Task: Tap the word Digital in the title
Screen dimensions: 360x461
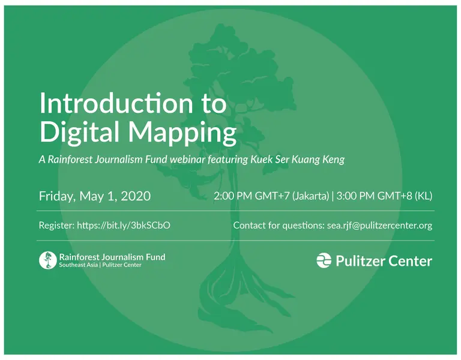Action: (x=76, y=132)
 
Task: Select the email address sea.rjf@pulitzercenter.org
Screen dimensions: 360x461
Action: (x=379, y=226)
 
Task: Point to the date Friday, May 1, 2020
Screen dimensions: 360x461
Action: (x=95, y=196)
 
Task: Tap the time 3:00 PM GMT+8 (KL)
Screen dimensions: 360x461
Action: (x=384, y=196)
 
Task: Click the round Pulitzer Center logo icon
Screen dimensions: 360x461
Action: (x=324, y=260)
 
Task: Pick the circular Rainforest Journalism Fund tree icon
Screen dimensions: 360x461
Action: (x=47, y=260)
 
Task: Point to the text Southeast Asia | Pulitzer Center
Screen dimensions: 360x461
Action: (x=100, y=265)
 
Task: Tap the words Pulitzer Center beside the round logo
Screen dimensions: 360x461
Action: (x=384, y=261)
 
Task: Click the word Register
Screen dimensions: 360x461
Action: (x=56, y=226)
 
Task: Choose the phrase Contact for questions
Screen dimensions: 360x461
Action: (x=278, y=226)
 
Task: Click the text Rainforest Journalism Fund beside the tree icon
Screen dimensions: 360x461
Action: (x=112, y=257)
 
